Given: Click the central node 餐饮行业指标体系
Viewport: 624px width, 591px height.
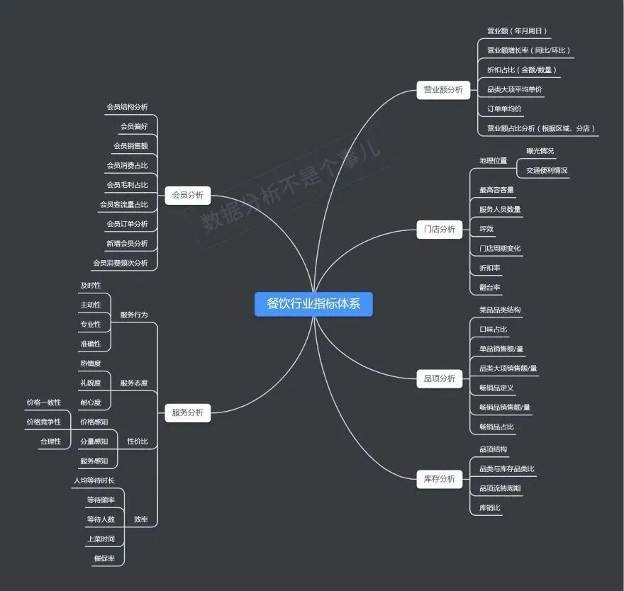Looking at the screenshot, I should (313, 304).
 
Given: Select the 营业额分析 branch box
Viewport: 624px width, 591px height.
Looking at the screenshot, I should (443, 90).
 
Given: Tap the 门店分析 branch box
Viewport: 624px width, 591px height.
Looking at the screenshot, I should (440, 230).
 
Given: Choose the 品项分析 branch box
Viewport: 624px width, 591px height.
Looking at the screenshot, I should (440, 378).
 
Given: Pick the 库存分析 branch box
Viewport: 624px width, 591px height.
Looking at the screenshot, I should (440, 479).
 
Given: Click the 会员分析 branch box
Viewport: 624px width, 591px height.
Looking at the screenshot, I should (188, 194).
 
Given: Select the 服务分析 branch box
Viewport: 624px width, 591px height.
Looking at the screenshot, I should (188, 412).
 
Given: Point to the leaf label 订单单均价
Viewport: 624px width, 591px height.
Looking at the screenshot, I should (504, 109).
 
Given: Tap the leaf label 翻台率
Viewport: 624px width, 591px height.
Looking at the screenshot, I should (490, 288).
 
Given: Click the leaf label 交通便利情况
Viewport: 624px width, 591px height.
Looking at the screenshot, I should (547, 171).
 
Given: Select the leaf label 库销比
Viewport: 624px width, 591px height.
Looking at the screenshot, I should (490, 508).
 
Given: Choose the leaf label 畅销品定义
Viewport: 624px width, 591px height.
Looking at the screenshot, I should (496, 388).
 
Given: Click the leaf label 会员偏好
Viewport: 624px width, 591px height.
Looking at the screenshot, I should (134, 127).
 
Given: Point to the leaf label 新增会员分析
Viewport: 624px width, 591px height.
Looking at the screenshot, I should (127, 244).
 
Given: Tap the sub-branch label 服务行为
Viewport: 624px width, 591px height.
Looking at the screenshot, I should (134, 315).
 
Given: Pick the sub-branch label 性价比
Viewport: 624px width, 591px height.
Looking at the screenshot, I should (138, 441).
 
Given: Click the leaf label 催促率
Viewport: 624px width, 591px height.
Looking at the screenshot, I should (104, 558).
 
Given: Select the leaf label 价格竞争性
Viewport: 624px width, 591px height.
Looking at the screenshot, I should (44, 422).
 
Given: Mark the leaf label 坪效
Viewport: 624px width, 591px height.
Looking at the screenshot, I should (486, 229).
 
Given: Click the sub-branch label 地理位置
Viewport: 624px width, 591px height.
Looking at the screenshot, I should (494, 161).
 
